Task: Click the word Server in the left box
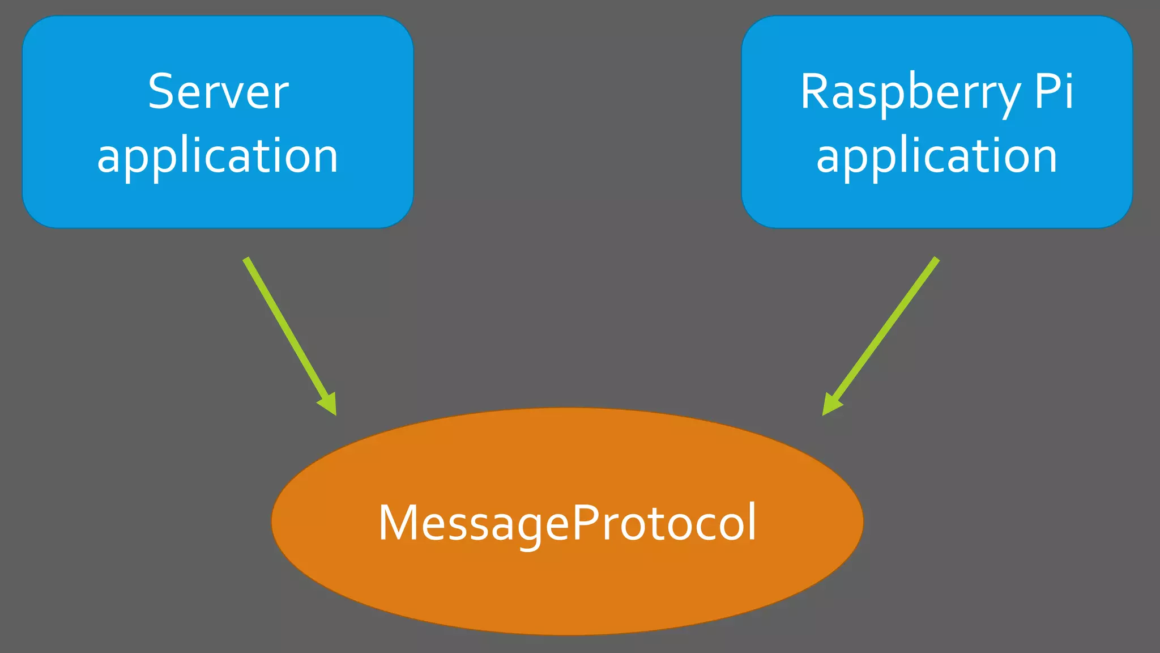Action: (218, 92)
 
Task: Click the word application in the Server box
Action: (218, 156)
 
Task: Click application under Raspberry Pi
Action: (937, 156)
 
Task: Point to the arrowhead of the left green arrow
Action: (330, 406)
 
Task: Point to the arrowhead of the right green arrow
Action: (830, 406)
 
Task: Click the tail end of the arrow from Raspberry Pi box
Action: (936, 260)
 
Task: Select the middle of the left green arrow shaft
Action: (287, 332)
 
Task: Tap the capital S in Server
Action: (161, 92)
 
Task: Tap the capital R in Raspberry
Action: (815, 92)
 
